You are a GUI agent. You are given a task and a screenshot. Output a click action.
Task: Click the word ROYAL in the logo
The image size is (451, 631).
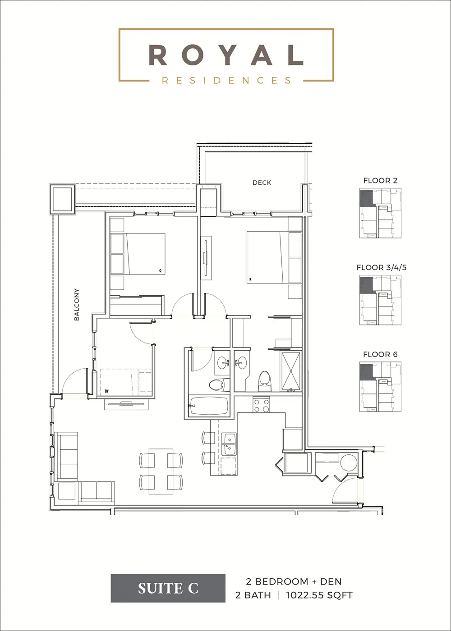(x=226, y=55)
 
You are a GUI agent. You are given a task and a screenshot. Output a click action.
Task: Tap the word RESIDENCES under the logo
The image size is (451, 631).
(x=226, y=81)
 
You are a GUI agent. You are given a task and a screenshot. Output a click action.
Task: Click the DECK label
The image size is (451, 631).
(x=262, y=183)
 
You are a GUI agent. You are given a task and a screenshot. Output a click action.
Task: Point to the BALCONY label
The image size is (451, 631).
(x=77, y=304)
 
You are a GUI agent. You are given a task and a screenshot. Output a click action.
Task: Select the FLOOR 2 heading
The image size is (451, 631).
(x=380, y=181)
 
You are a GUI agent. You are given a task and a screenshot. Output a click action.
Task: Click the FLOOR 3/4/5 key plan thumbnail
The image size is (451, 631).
(x=380, y=300)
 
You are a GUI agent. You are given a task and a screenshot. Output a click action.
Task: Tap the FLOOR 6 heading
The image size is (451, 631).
(x=380, y=354)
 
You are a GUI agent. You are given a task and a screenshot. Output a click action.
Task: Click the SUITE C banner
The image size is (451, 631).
(x=168, y=588)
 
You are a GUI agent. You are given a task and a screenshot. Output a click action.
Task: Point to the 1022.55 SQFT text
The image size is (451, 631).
(x=319, y=595)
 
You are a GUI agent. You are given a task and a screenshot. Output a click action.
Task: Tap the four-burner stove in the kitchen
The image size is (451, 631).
(x=261, y=405)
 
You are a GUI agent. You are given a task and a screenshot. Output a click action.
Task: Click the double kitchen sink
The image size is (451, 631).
(x=229, y=444)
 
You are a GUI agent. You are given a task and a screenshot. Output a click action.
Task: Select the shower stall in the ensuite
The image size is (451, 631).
(x=291, y=371)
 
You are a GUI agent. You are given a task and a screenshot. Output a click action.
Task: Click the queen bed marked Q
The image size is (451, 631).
(x=145, y=253)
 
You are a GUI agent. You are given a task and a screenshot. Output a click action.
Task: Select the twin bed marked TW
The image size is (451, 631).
(x=126, y=382)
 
